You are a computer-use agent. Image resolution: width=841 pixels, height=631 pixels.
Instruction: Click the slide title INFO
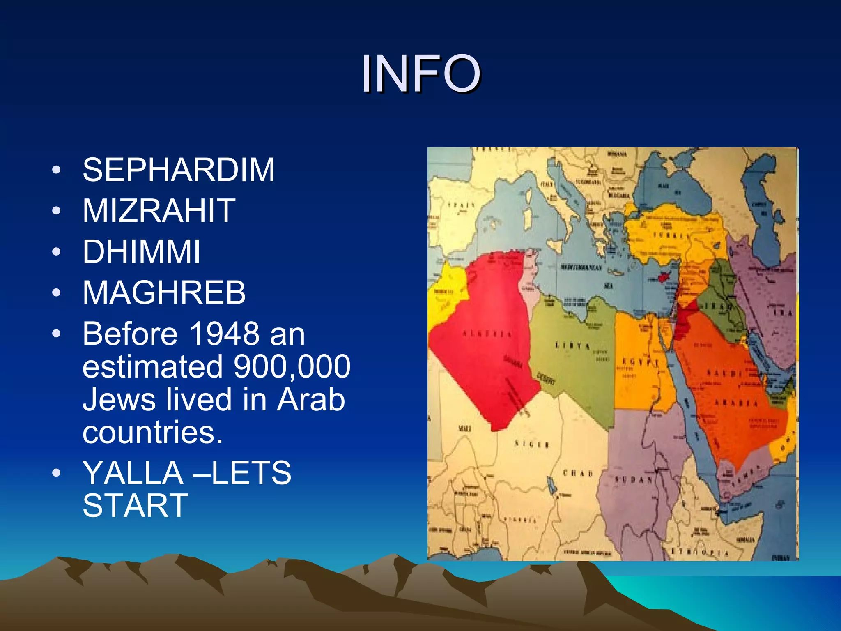click(x=420, y=74)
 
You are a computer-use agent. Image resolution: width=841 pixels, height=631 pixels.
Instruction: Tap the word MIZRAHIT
click(x=159, y=211)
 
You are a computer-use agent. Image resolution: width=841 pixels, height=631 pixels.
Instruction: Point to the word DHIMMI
click(x=141, y=251)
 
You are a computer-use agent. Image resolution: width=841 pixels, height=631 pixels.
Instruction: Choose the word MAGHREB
click(x=164, y=292)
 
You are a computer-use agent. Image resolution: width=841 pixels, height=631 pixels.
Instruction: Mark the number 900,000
click(x=292, y=366)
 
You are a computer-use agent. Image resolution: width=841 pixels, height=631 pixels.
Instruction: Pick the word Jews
click(x=119, y=399)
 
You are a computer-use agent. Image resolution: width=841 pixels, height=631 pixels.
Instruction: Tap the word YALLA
click(x=133, y=473)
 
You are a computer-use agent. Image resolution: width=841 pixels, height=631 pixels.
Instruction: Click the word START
click(x=135, y=506)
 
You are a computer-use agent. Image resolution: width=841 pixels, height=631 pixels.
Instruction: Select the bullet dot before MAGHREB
click(x=57, y=292)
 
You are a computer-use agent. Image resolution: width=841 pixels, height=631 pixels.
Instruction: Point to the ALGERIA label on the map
click(x=487, y=334)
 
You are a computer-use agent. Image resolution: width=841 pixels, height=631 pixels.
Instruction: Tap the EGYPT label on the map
click(x=640, y=362)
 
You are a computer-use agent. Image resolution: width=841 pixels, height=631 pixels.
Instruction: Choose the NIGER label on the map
click(x=532, y=444)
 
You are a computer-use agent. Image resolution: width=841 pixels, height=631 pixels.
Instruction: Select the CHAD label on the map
click(x=577, y=473)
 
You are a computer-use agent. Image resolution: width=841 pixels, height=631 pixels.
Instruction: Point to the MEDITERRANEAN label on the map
click(x=581, y=267)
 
